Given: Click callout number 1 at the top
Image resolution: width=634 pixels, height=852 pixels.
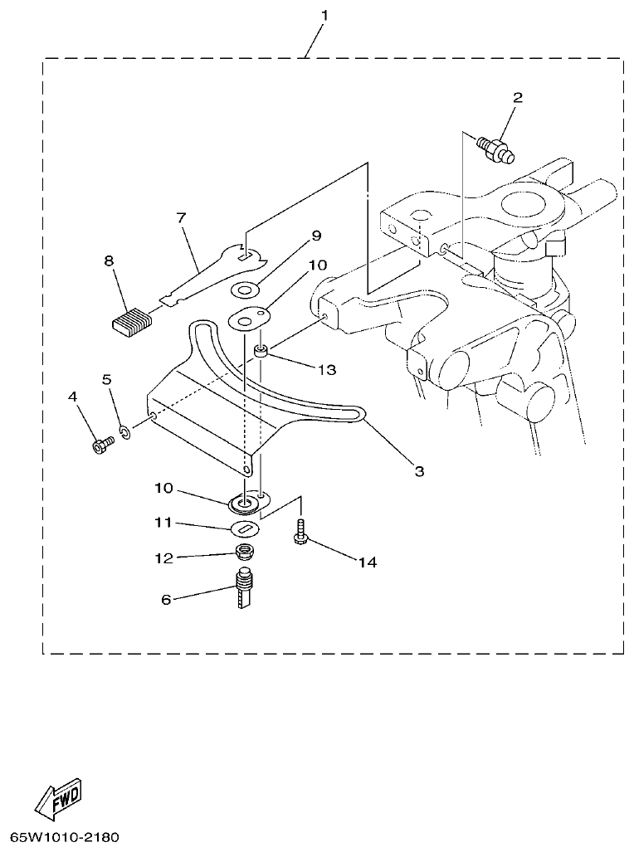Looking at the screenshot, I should pos(324,16).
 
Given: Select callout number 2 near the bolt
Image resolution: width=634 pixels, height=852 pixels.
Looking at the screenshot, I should pos(517,98).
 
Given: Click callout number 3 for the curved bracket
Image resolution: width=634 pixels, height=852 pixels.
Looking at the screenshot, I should pos(420,471).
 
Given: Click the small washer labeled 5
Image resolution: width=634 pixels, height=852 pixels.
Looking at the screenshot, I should pos(125,432).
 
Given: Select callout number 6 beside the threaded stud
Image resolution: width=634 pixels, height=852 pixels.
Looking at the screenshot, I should pos(166,599).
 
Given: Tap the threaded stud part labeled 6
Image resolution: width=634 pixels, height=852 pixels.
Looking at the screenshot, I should pos(245,590).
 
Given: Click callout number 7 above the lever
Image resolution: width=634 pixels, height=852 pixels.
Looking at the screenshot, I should pos(181,218).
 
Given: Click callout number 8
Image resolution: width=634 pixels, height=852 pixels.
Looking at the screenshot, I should pos(109,260).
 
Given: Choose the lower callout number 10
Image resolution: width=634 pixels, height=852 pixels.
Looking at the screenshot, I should pos(163,488).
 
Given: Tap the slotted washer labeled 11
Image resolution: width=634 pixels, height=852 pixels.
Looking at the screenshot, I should pos(246,528).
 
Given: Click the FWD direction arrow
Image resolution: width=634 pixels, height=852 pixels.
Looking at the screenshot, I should pos(59,799).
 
